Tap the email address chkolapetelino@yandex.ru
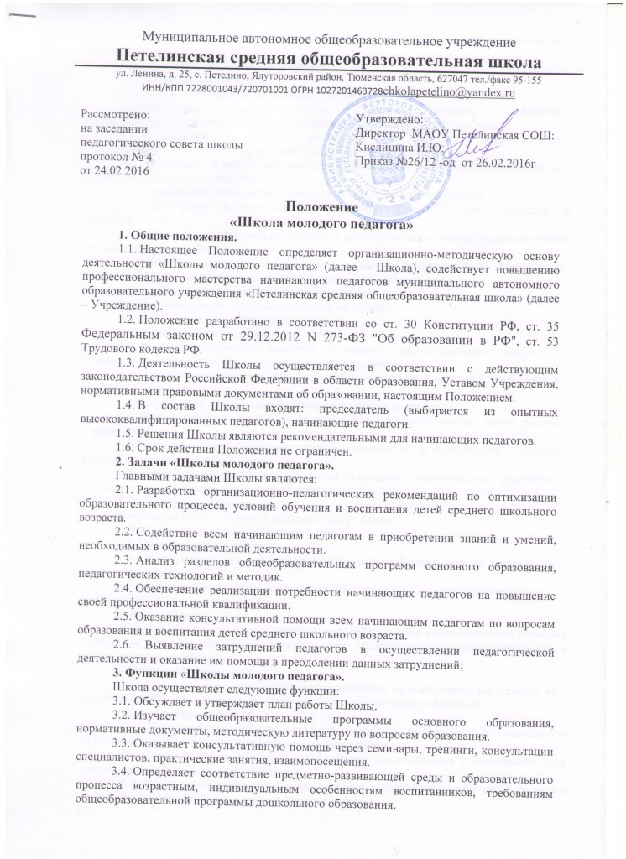pyautogui.click(x=449, y=92)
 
